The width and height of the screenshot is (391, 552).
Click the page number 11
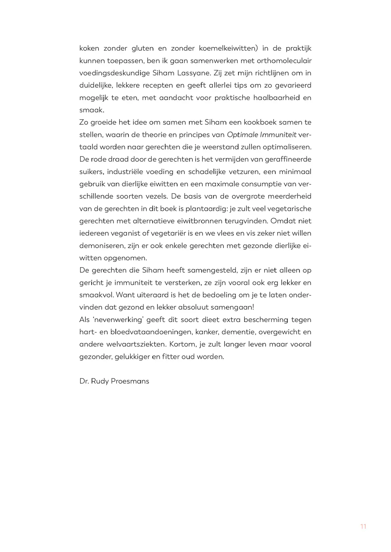pos(363,526)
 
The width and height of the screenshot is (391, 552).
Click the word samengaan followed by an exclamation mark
pos(226,307)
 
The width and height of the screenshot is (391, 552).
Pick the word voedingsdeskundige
pos(108,73)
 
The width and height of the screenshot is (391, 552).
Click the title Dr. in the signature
pos(84,381)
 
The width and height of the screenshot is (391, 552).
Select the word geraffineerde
pos(286,159)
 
